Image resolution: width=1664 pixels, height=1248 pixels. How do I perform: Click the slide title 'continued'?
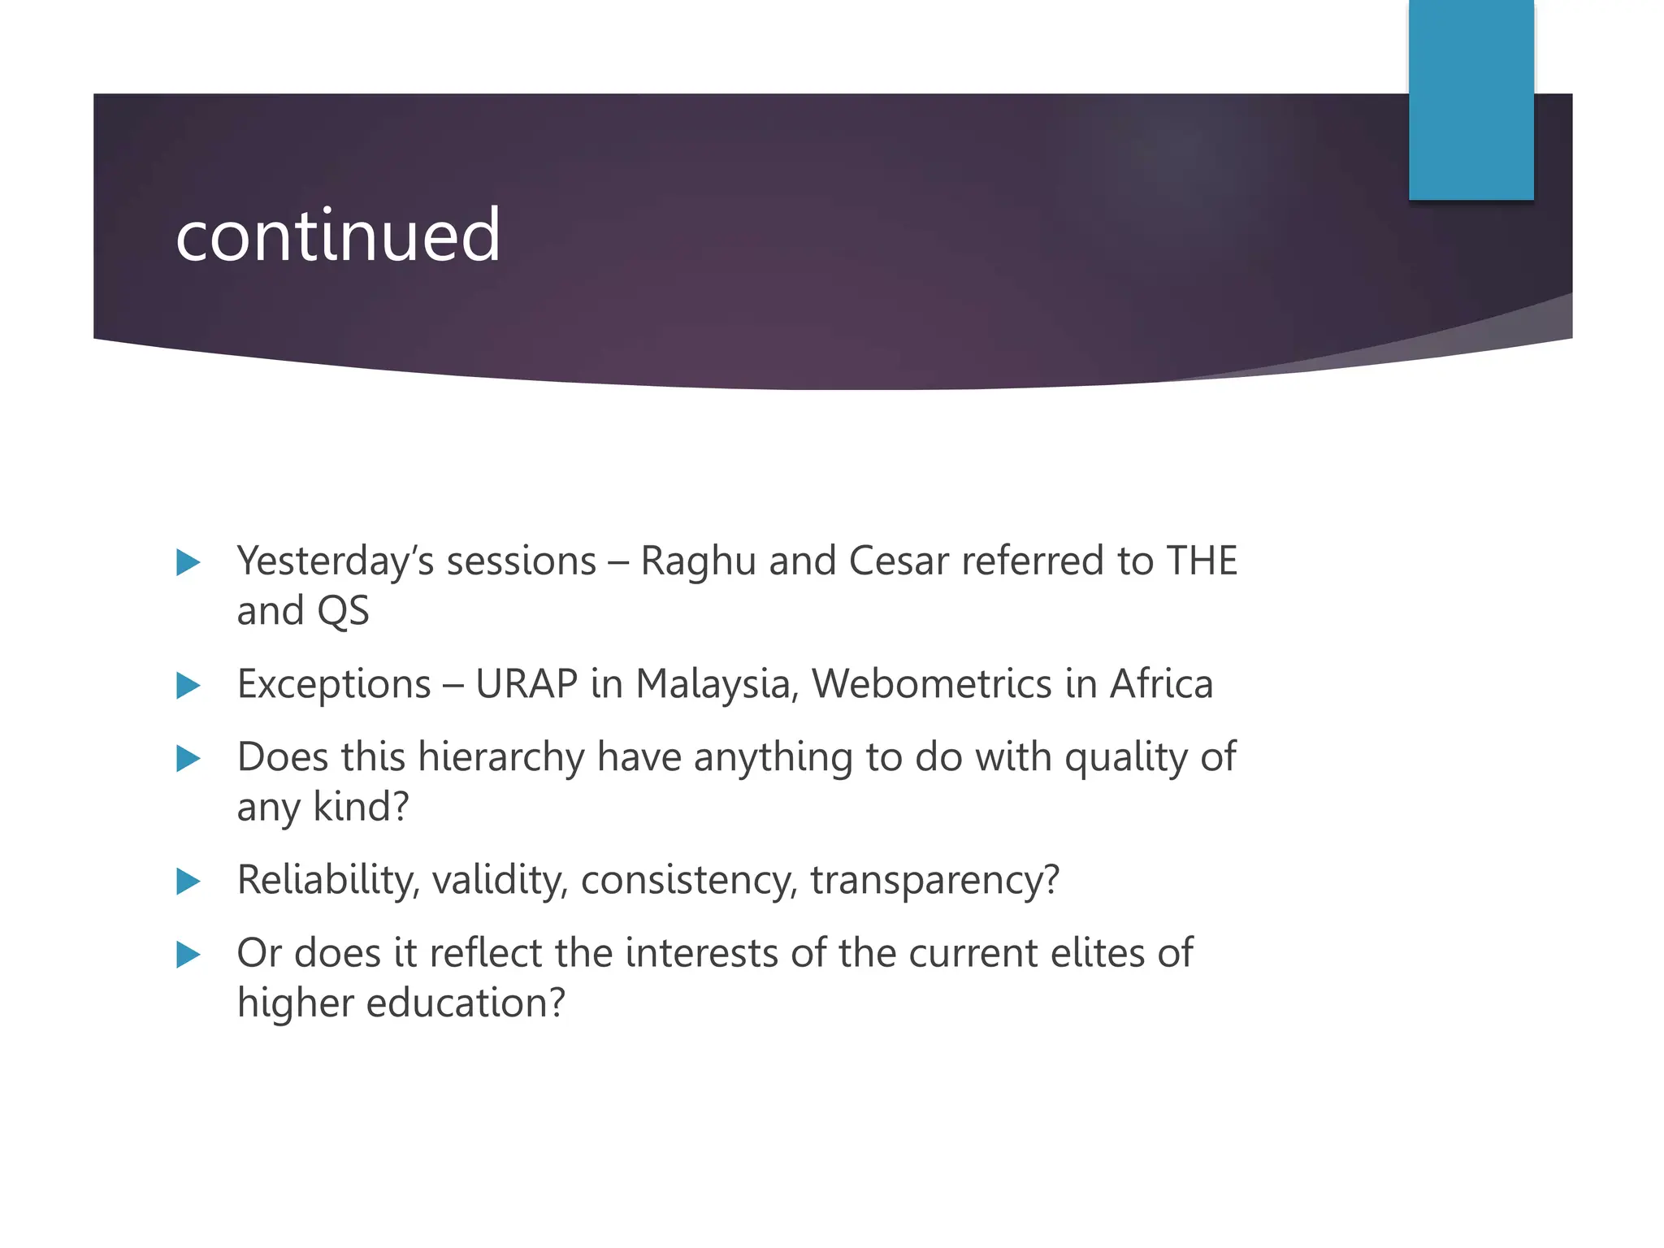337,235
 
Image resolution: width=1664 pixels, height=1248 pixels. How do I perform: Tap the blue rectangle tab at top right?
1471,99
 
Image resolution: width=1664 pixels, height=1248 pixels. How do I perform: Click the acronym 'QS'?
343,611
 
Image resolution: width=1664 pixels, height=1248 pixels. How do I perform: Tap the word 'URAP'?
526,684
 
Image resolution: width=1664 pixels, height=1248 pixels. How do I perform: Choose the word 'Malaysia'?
713,684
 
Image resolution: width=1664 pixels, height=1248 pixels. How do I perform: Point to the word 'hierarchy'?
501,758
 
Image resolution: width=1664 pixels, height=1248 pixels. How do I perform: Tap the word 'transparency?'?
935,880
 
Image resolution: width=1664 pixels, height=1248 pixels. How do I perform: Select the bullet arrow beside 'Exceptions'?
188,686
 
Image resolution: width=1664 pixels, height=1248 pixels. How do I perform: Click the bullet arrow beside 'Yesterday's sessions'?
188,563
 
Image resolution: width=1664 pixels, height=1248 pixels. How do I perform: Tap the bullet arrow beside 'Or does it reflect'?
188,955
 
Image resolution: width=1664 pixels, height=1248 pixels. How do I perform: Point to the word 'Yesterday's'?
336,561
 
